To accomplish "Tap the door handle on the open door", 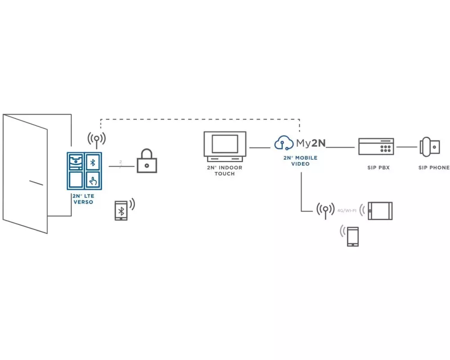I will [x=36, y=183].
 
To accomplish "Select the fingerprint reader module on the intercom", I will [x=93, y=180].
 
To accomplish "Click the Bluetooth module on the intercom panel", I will [x=93, y=162].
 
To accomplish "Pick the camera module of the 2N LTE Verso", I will [x=75, y=162].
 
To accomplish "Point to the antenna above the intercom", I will [x=96, y=140].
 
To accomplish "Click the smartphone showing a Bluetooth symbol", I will [x=121, y=210].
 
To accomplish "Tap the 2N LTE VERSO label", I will [x=83, y=199].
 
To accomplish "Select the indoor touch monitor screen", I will [x=225, y=144].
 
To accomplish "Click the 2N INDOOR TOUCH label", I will [x=225, y=171].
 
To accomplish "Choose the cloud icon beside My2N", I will [x=284, y=143].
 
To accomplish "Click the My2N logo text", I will [x=311, y=144].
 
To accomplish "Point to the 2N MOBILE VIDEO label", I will [x=300, y=161].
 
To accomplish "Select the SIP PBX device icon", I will [x=376, y=147].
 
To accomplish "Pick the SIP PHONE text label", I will [x=433, y=168].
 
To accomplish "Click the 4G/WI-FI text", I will [x=347, y=210].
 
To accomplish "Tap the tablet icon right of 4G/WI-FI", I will [x=380, y=211].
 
